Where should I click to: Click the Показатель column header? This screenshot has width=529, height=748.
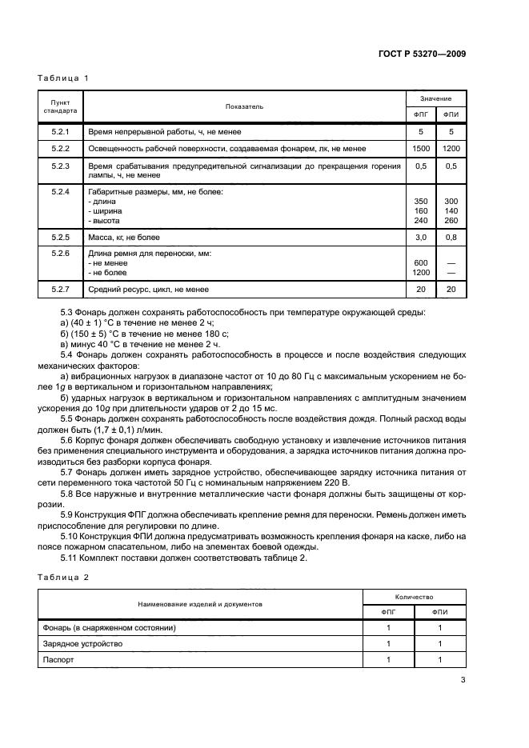pos(244,106)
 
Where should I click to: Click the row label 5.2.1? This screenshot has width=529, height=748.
pos(61,131)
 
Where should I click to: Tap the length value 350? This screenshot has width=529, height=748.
pos(421,201)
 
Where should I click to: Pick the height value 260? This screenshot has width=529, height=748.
pos(451,220)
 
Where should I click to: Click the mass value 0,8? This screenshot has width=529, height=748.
pos(451,238)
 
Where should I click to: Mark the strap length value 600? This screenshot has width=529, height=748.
pos(421,263)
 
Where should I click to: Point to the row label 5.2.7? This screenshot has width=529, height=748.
pos(61,290)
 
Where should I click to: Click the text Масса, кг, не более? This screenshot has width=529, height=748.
pos(125,238)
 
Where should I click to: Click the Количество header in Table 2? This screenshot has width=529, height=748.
pos(414,597)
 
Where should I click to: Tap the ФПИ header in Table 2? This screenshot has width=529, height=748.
pos(439,612)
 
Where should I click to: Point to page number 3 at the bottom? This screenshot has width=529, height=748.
pos(463,681)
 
